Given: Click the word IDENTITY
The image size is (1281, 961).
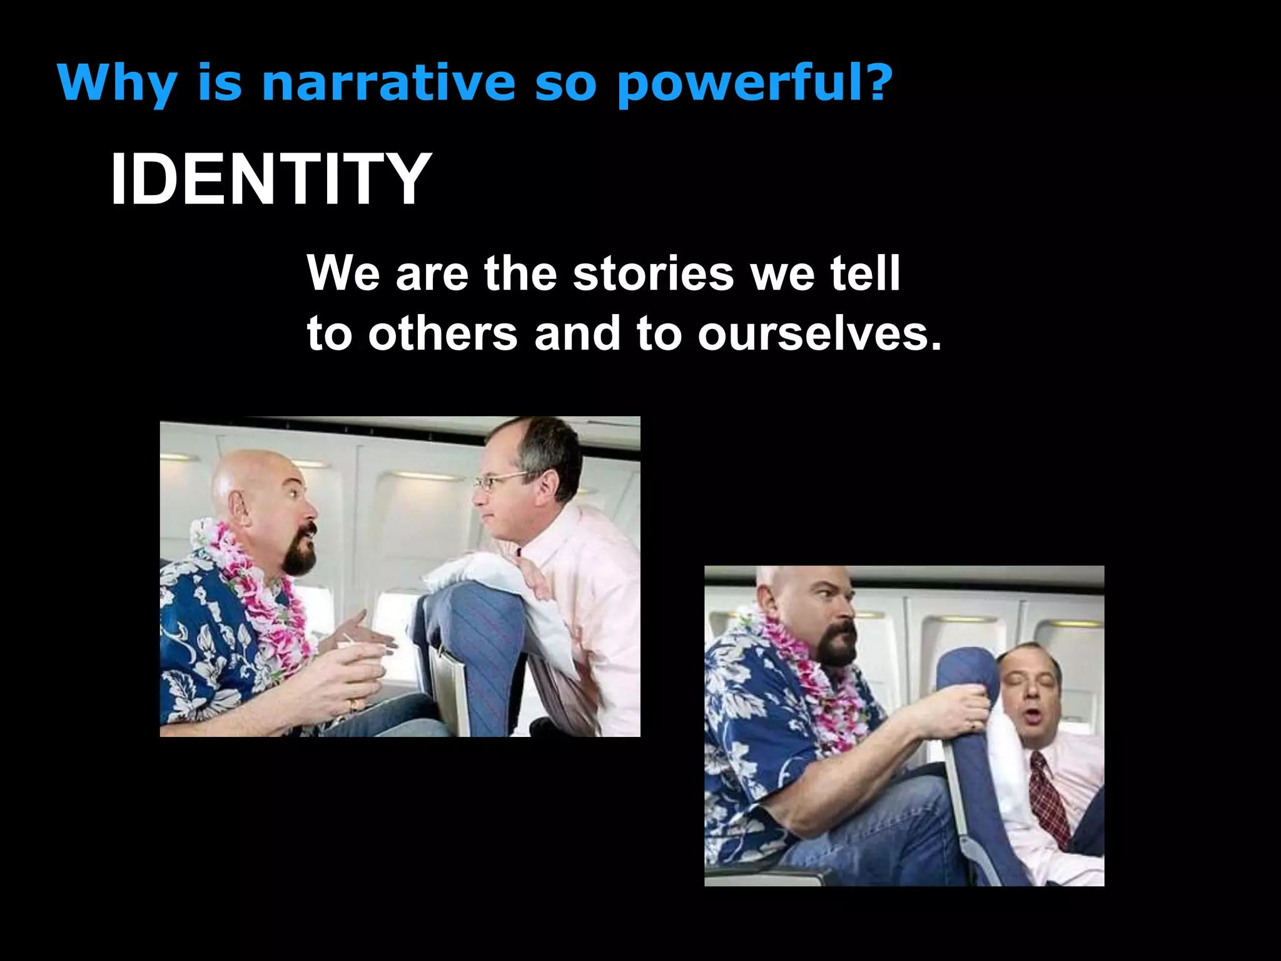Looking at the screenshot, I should click(x=270, y=179).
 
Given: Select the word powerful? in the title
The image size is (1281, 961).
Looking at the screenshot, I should click(x=754, y=83).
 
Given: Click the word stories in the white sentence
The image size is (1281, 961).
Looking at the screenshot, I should click(x=653, y=273).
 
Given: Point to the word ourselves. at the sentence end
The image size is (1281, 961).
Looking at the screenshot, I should click(x=819, y=333).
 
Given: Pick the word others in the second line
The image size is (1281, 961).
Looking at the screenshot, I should click(x=443, y=333).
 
